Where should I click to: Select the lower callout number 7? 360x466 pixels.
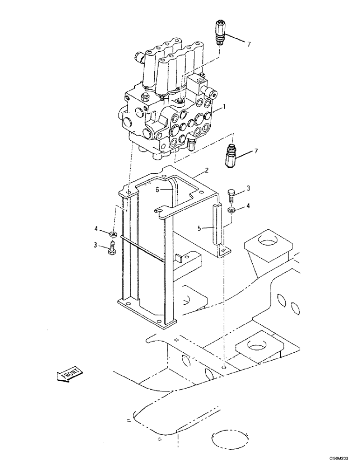pyautogui.click(x=255, y=151)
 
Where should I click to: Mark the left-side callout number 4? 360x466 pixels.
pyautogui.click(x=96, y=229)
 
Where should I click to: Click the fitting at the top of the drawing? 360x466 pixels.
pyautogui.click(x=222, y=31)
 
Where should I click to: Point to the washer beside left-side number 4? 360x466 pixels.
pyautogui.click(x=112, y=233)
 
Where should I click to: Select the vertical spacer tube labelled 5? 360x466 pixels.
pyautogui.click(x=216, y=225)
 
